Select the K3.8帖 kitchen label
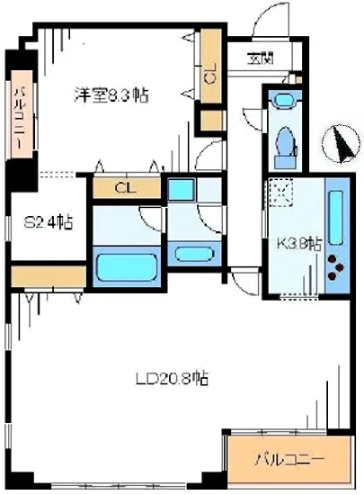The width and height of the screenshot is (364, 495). pyautogui.click(x=296, y=243)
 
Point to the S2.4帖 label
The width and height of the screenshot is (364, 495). pyautogui.click(x=48, y=222)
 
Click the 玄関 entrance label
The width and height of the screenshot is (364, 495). pyautogui.click(x=262, y=60)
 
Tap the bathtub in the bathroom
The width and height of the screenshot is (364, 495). pyautogui.click(x=127, y=267)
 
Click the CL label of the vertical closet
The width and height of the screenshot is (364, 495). pyautogui.click(x=210, y=76)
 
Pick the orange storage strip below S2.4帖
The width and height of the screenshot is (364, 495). pyautogui.click(x=49, y=274)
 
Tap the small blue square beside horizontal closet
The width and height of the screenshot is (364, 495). pyautogui.click(x=181, y=190)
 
